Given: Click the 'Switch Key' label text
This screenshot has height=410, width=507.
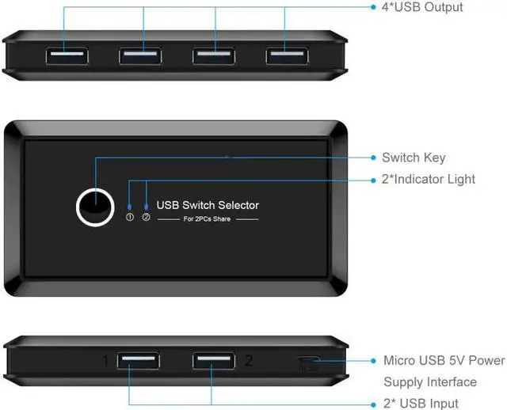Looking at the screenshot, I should click(x=414, y=158).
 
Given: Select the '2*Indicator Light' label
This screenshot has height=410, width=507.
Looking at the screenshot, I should click(x=440, y=179).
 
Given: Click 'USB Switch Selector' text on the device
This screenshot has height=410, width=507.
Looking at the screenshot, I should click(x=208, y=205).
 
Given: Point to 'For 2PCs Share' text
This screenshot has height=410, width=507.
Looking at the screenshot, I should click(x=208, y=218).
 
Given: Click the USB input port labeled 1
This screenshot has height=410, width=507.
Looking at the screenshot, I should click(x=137, y=361).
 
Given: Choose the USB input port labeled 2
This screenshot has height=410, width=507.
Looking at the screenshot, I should click(x=212, y=361).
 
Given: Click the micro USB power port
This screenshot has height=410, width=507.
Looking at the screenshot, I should click(x=308, y=362).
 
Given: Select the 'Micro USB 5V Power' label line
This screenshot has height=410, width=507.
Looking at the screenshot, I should click(x=444, y=360).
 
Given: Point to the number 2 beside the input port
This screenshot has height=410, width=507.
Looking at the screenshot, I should click(x=248, y=361).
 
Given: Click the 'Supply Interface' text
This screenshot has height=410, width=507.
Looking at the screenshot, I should click(x=430, y=382).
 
